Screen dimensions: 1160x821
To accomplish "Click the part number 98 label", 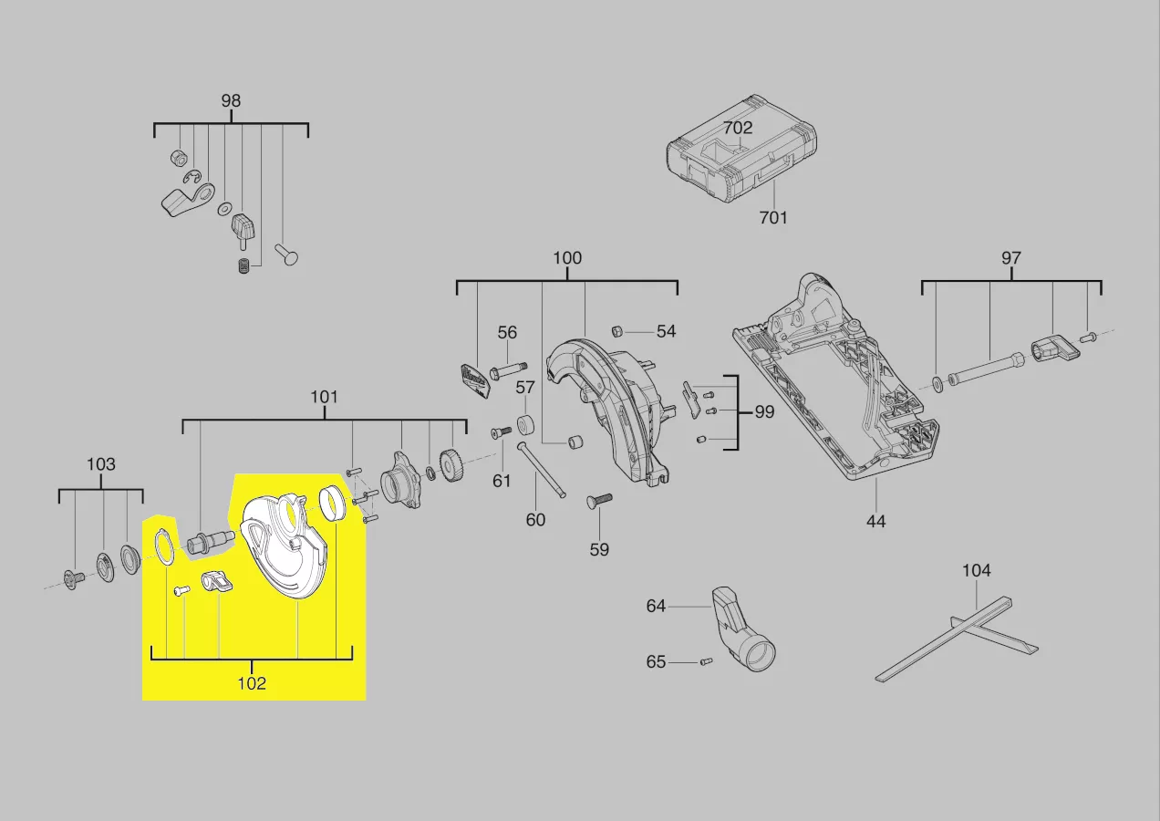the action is [x=231, y=100].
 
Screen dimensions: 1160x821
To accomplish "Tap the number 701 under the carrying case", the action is [x=773, y=217].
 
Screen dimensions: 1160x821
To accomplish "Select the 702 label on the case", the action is [x=738, y=128].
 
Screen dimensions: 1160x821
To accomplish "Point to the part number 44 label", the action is [x=875, y=521].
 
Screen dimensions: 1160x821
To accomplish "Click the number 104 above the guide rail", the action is [x=976, y=570].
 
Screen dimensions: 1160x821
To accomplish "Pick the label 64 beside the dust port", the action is [x=656, y=606].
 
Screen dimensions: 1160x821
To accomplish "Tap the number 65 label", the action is [x=656, y=661].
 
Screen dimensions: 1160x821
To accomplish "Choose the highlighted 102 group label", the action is [x=252, y=683].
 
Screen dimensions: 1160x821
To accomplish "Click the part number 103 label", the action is [x=101, y=464].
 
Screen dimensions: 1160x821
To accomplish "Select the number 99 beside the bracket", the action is [x=764, y=411].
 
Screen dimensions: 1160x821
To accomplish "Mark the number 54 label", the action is [x=666, y=331].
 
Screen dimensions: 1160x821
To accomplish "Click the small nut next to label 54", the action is [x=616, y=331].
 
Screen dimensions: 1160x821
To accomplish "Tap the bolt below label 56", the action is [x=508, y=371].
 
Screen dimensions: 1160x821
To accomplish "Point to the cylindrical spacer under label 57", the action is [x=525, y=425].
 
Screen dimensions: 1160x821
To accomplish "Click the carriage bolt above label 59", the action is [x=599, y=501].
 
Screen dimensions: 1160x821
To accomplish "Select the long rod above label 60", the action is [x=541, y=470].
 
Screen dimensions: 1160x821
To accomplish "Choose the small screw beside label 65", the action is [x=707, y=661].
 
